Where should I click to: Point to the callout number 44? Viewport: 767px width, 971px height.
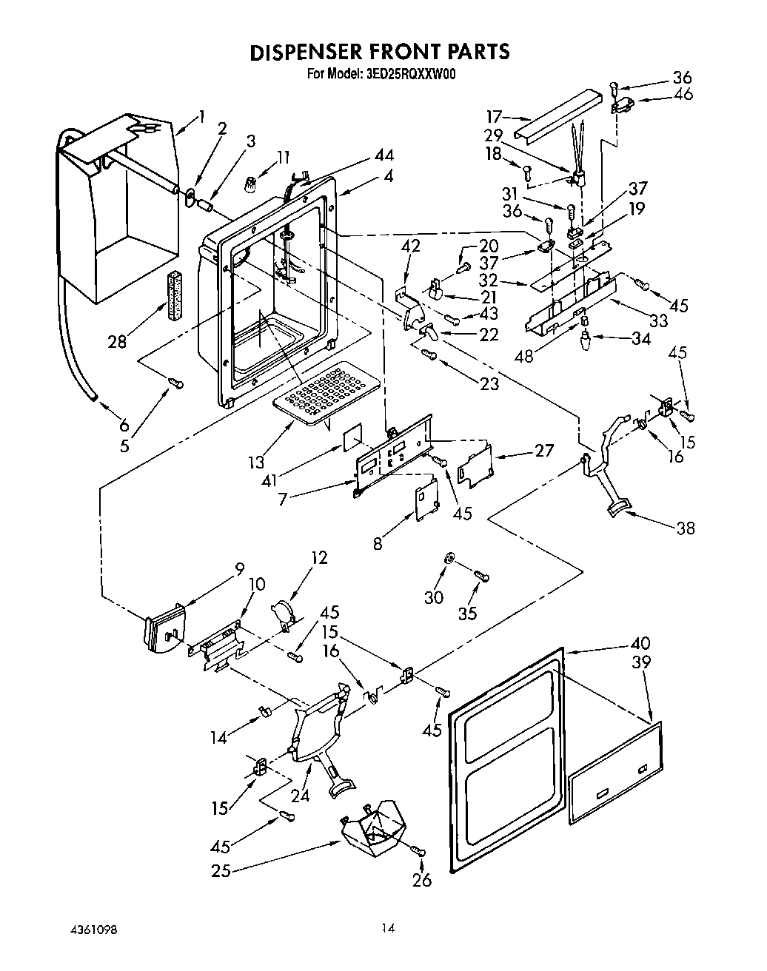pos(383,155)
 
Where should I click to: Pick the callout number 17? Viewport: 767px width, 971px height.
pos(495,117)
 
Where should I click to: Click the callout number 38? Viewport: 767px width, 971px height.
pos(685,528)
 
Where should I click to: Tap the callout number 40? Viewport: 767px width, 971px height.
pos(640,643)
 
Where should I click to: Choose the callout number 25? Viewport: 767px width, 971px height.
pos(221,871)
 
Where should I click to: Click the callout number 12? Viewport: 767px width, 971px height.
pos(319,557)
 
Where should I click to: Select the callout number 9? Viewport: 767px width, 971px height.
pos(238,568)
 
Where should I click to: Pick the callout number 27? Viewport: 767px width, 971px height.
pos(543,450)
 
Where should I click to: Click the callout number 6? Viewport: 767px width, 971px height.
pos(124,425)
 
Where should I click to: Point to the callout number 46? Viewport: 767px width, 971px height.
pos(683,94)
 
